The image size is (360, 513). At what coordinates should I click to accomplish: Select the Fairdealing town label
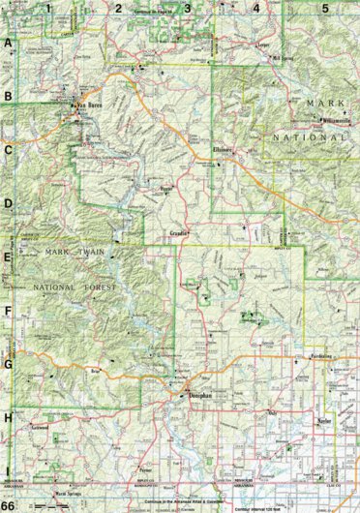pyautogui.click(x=321, y=355)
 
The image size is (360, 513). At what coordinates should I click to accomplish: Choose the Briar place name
pyautogui.click(x=95, y=371)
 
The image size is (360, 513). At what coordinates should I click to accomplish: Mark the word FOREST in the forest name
pyautogui.click(x=97, y=287)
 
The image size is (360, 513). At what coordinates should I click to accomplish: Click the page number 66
pyautogui.click(x=9, y=505)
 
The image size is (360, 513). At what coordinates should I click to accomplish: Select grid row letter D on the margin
pyautogui.click(x=8, y=204)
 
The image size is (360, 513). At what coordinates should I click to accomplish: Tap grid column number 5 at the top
pyautogui.click(x=325, y=9)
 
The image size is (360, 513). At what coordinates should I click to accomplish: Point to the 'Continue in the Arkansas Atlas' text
pyautogui.click(x=184, y=502)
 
